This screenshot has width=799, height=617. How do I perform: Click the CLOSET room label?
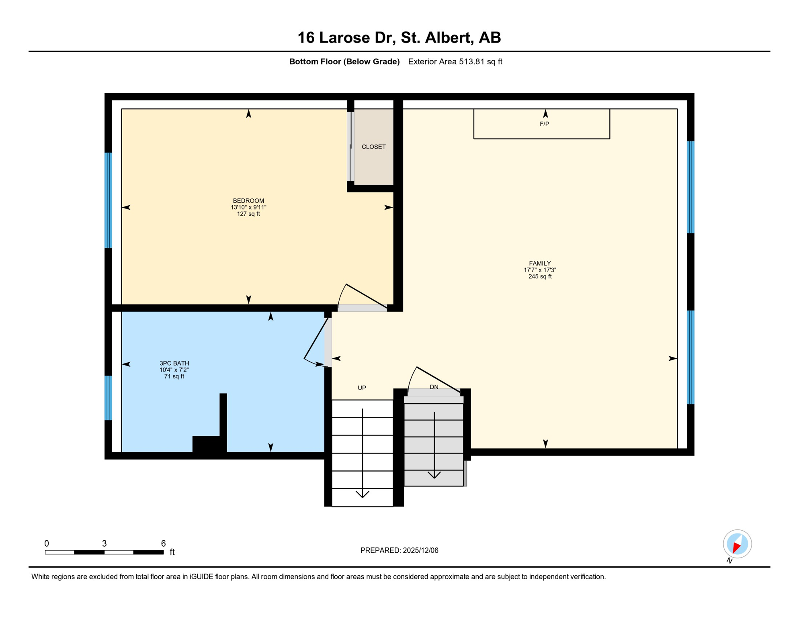pos(373,147)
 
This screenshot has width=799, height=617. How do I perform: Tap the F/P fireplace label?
pos(544,124)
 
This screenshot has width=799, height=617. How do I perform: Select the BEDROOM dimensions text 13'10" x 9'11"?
pos(248,207)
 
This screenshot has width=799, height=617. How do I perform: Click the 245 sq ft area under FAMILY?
pos(540,277)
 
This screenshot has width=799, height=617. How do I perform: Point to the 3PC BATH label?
pos(174,363)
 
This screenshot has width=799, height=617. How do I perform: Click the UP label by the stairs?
pos(362,388)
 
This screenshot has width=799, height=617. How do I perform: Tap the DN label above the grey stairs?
pos(434,387)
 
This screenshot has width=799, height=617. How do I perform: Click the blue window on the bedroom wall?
pos(108,200)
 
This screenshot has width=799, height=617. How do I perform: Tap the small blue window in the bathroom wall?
pos(108,398)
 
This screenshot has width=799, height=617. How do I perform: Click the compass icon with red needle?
pos(737,544)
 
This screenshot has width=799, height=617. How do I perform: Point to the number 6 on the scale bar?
pos(163,543)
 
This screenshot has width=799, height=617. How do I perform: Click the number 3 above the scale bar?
pos(104,543)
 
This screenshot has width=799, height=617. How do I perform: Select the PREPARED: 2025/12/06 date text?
pos(399,550)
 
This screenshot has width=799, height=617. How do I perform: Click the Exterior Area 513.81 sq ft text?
pos(455,61)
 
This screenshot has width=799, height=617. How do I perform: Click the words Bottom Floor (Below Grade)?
pos(344,61)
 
